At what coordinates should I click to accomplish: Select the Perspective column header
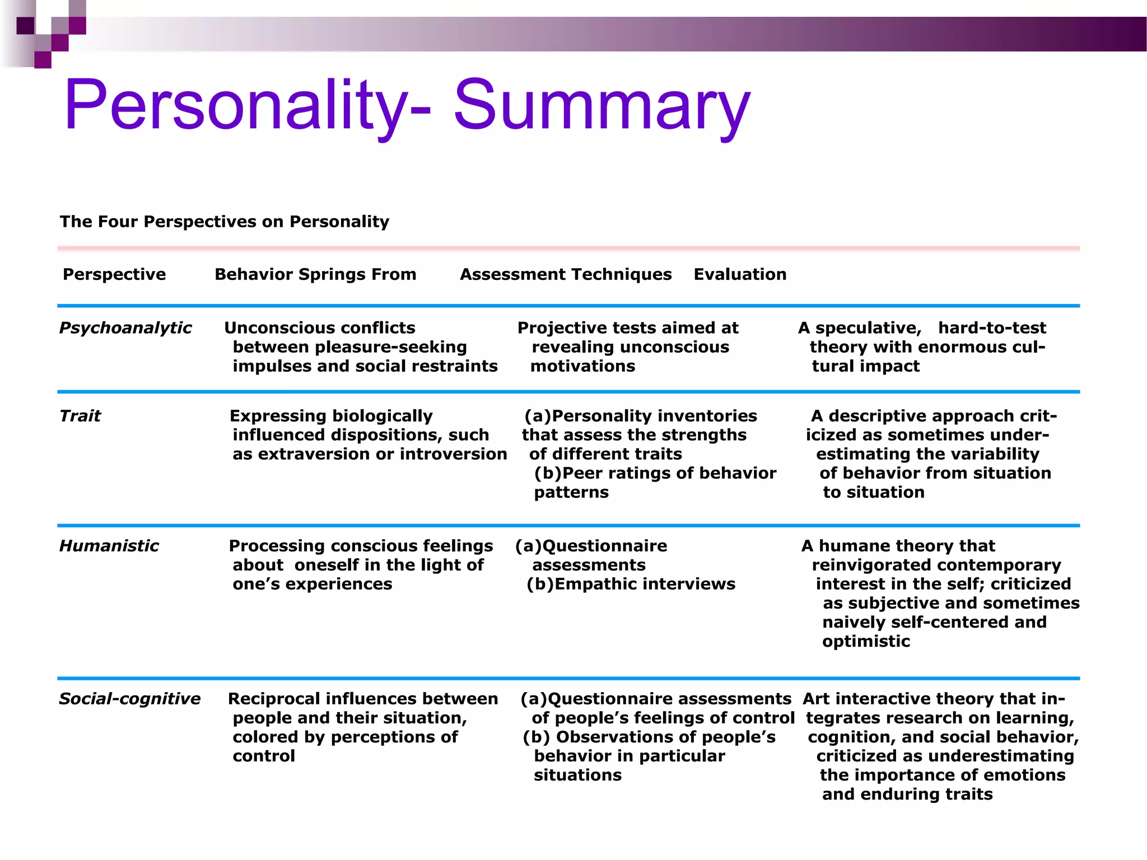pos(114,274)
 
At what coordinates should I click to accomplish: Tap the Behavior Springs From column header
pos(315,274)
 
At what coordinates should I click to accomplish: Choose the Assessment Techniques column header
pos(566,274)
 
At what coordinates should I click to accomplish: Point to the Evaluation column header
pos(740,274)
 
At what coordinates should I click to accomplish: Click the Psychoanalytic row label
pos(125,328)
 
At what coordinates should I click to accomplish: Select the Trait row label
pos(80,416)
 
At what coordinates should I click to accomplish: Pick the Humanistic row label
pos(109,546)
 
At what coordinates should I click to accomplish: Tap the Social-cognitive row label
pos(129,699)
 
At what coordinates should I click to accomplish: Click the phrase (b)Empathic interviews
pos(631,584)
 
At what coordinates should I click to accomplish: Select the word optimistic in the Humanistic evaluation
pos(866,641)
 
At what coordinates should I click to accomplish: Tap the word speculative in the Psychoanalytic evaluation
pos(868,328)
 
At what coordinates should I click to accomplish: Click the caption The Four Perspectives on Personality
pos(225,222)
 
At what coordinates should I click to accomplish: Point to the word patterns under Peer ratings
pos(571,492)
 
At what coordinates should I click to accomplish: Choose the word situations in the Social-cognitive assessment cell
pos(577,775)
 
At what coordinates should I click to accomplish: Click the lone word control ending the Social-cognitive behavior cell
pos(264,756)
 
